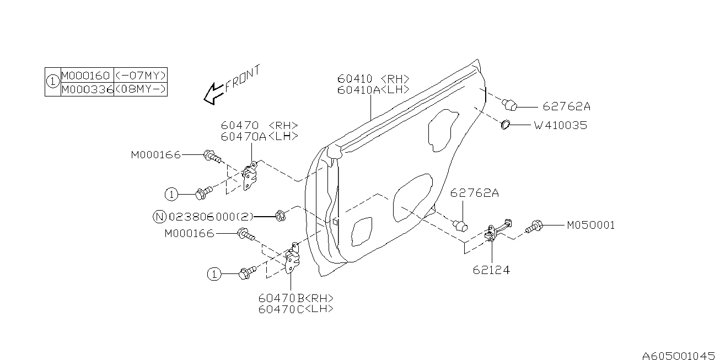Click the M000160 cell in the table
click(86, 76)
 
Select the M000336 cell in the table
click(86, 89)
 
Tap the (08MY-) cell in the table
click(140, 89)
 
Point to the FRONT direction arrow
click(213, 93)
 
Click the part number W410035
click(560, 126)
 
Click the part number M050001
click(590, 225)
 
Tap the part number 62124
click(491, 270)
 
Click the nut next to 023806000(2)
click(280, 216)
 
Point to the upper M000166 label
click(155, 155)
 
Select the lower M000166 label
click(189, 234)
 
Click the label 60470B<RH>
click(295, 298)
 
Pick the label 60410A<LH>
click(374, 90)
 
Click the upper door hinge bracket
click(249, 176)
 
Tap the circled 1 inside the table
click(52, 82)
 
